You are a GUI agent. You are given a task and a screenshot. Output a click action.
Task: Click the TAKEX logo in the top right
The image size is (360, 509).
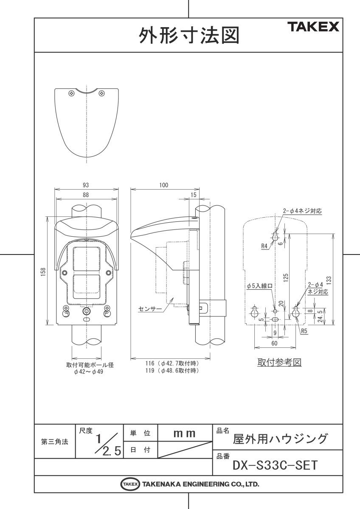tap(315, 28)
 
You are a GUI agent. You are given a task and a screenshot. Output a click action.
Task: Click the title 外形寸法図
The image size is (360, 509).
tap(189, 36)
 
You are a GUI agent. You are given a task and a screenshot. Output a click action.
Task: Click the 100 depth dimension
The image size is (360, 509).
tap(164, 185)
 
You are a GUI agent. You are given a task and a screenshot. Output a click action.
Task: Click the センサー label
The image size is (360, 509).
tap(150, 309)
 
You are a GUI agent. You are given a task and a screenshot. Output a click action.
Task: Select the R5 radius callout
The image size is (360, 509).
tap(304, 331)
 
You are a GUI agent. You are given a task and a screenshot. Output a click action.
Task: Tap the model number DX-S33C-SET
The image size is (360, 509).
tap(275, 465)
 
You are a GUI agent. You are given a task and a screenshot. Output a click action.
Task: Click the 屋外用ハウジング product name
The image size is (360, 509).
tap(281, 438)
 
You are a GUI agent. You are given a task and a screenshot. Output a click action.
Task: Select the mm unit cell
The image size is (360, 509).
tap(185, 433)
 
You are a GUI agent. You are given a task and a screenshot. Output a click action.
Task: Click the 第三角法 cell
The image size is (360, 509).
tap(55, 442)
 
